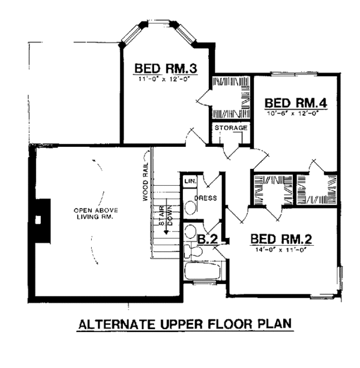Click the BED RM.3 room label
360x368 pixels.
(x=166, y=68)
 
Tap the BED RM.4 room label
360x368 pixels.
(x=296, y=103)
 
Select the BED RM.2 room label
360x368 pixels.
(x=281, y=239)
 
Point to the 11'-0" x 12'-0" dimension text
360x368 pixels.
(x=164, y=79)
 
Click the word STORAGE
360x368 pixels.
(x=231, y=128)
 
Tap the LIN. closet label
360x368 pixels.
(x=190, y=181)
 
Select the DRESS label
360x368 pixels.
(x=206, y=198)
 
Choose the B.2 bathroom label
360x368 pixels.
(x=208, y=239)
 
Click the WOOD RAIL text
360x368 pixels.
(x=145, y=182)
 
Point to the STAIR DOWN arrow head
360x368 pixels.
(x=166, y=232)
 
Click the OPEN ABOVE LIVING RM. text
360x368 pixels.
(x=96, y=213)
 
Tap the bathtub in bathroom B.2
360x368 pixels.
(x=203, y=271)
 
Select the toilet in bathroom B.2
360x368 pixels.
(x=193, y=251)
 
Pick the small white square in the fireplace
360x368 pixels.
(x=38, y=220)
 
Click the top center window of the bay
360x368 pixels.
(x=158, y=23)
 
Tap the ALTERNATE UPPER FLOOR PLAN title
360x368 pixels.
(x=185, y=324)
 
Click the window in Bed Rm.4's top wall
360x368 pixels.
(x=294, y=74)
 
